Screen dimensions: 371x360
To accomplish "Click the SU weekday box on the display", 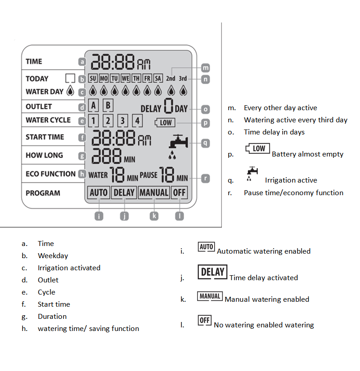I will click(x=93, y=78).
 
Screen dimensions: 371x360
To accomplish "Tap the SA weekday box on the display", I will click(x=157, y=78).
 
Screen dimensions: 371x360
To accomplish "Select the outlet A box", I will click(x=94, y=106).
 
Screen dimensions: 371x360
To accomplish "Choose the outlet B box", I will click(x=108, y=106).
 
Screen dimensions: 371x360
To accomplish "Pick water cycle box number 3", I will click(x=123, y=121).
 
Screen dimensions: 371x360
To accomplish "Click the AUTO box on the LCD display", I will click(x=99, y=193).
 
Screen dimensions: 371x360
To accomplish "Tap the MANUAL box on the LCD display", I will click(x=154, y=193).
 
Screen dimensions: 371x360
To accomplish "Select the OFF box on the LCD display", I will click(x=180, y=193).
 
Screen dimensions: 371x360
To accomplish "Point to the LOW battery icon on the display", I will click(x=165, y=122).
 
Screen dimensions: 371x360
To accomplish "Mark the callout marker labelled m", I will click(x=206, y=68).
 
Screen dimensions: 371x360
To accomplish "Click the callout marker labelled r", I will click(x=205, y=178).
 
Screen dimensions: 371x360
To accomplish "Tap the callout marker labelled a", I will click(x=81, y=62).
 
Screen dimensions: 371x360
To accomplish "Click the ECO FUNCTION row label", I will click(x=50, y=174).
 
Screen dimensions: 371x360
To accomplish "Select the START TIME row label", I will click(x=45, y=137).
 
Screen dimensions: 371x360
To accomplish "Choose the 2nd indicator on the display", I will click(x=171, y=78).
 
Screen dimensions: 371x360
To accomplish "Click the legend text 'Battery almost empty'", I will click(x=307, y=154).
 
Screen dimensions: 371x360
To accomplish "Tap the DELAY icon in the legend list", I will click(x=212, y=272).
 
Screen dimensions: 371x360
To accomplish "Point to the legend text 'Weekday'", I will click(x=53, y=255).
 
